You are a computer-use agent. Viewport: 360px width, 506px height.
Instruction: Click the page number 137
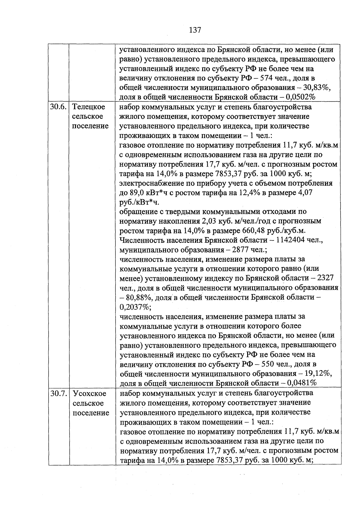pyautogui.click(x=195, y=30)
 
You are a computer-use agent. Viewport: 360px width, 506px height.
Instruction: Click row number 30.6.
pyautogui.click(x=58, y=107)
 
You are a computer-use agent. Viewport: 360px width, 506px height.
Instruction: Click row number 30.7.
pyautogui.click(x=58, y=393)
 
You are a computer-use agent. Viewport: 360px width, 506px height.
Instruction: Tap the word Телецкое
pyautogui.click(x=89, y=107)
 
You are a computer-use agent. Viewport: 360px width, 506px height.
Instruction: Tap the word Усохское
pyautogui.click(x=89, y=393)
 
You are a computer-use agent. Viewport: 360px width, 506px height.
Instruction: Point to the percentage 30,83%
pyautogui.click(x=318, y=88)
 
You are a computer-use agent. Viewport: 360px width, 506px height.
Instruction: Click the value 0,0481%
pyautogui.click(x=301, y=383)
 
